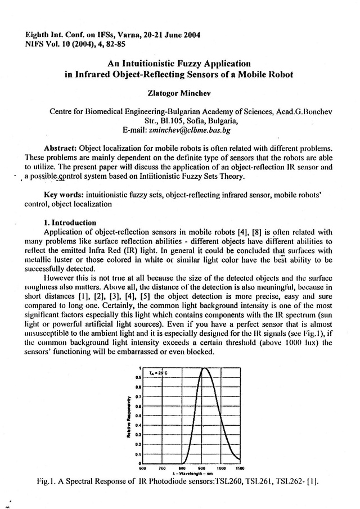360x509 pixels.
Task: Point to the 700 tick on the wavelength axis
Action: (162, 468)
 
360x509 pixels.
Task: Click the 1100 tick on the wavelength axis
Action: (240, 468)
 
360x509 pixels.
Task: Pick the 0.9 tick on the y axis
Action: (137, 378)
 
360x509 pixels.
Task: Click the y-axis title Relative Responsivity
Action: (129, 416)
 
